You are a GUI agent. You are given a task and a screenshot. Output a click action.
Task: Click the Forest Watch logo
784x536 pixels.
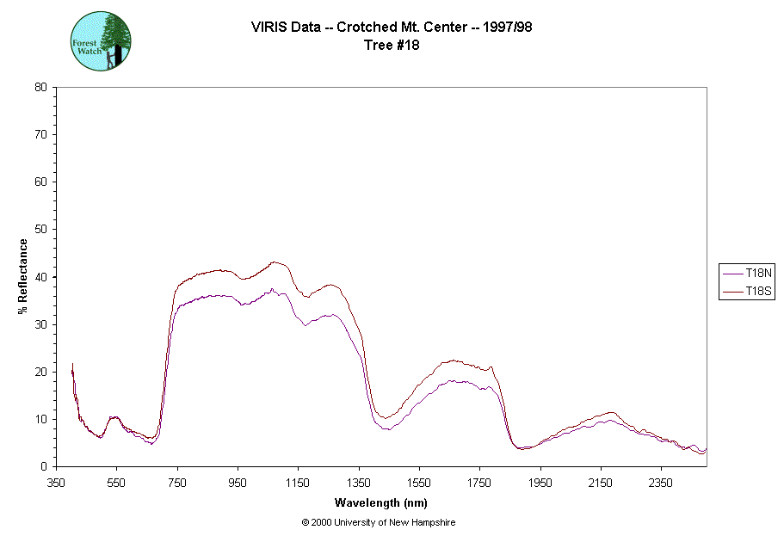[101, 41]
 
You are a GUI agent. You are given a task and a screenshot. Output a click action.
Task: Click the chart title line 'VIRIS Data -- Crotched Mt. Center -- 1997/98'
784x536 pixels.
[392, 28]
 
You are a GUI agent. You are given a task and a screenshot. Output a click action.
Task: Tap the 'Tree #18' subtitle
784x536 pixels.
[392, 46]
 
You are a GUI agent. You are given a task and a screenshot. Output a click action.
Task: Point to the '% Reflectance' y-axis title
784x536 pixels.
[23, 276]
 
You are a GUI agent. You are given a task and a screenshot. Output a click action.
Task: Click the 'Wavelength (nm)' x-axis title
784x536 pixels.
[380, 502]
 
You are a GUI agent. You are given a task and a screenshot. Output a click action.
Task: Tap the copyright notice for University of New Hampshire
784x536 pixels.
[379, 522]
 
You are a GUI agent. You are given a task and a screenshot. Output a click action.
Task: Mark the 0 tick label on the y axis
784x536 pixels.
[44, 466]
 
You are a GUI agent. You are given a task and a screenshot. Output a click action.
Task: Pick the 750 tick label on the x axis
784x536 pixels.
[177, 482]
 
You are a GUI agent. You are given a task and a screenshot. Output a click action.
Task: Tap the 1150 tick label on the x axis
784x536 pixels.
[298, 482]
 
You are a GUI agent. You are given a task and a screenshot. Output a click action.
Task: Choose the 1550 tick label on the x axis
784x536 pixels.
[419, 482]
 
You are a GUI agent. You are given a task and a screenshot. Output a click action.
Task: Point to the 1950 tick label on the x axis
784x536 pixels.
[540, 482]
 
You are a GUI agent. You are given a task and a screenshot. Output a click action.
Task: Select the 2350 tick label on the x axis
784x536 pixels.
[660, 482]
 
